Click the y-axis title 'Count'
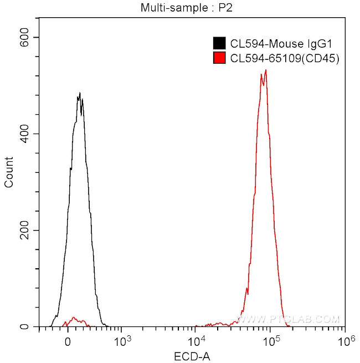click(9, 172)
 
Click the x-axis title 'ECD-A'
click(192, 355)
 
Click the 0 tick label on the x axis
click(68, 341)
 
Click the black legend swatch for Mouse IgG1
click(219, 43)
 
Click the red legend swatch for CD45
click(219, 58)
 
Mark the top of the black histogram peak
click(80, 94)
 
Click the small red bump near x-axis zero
click(73, 320)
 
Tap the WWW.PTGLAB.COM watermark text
click(288, 319)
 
